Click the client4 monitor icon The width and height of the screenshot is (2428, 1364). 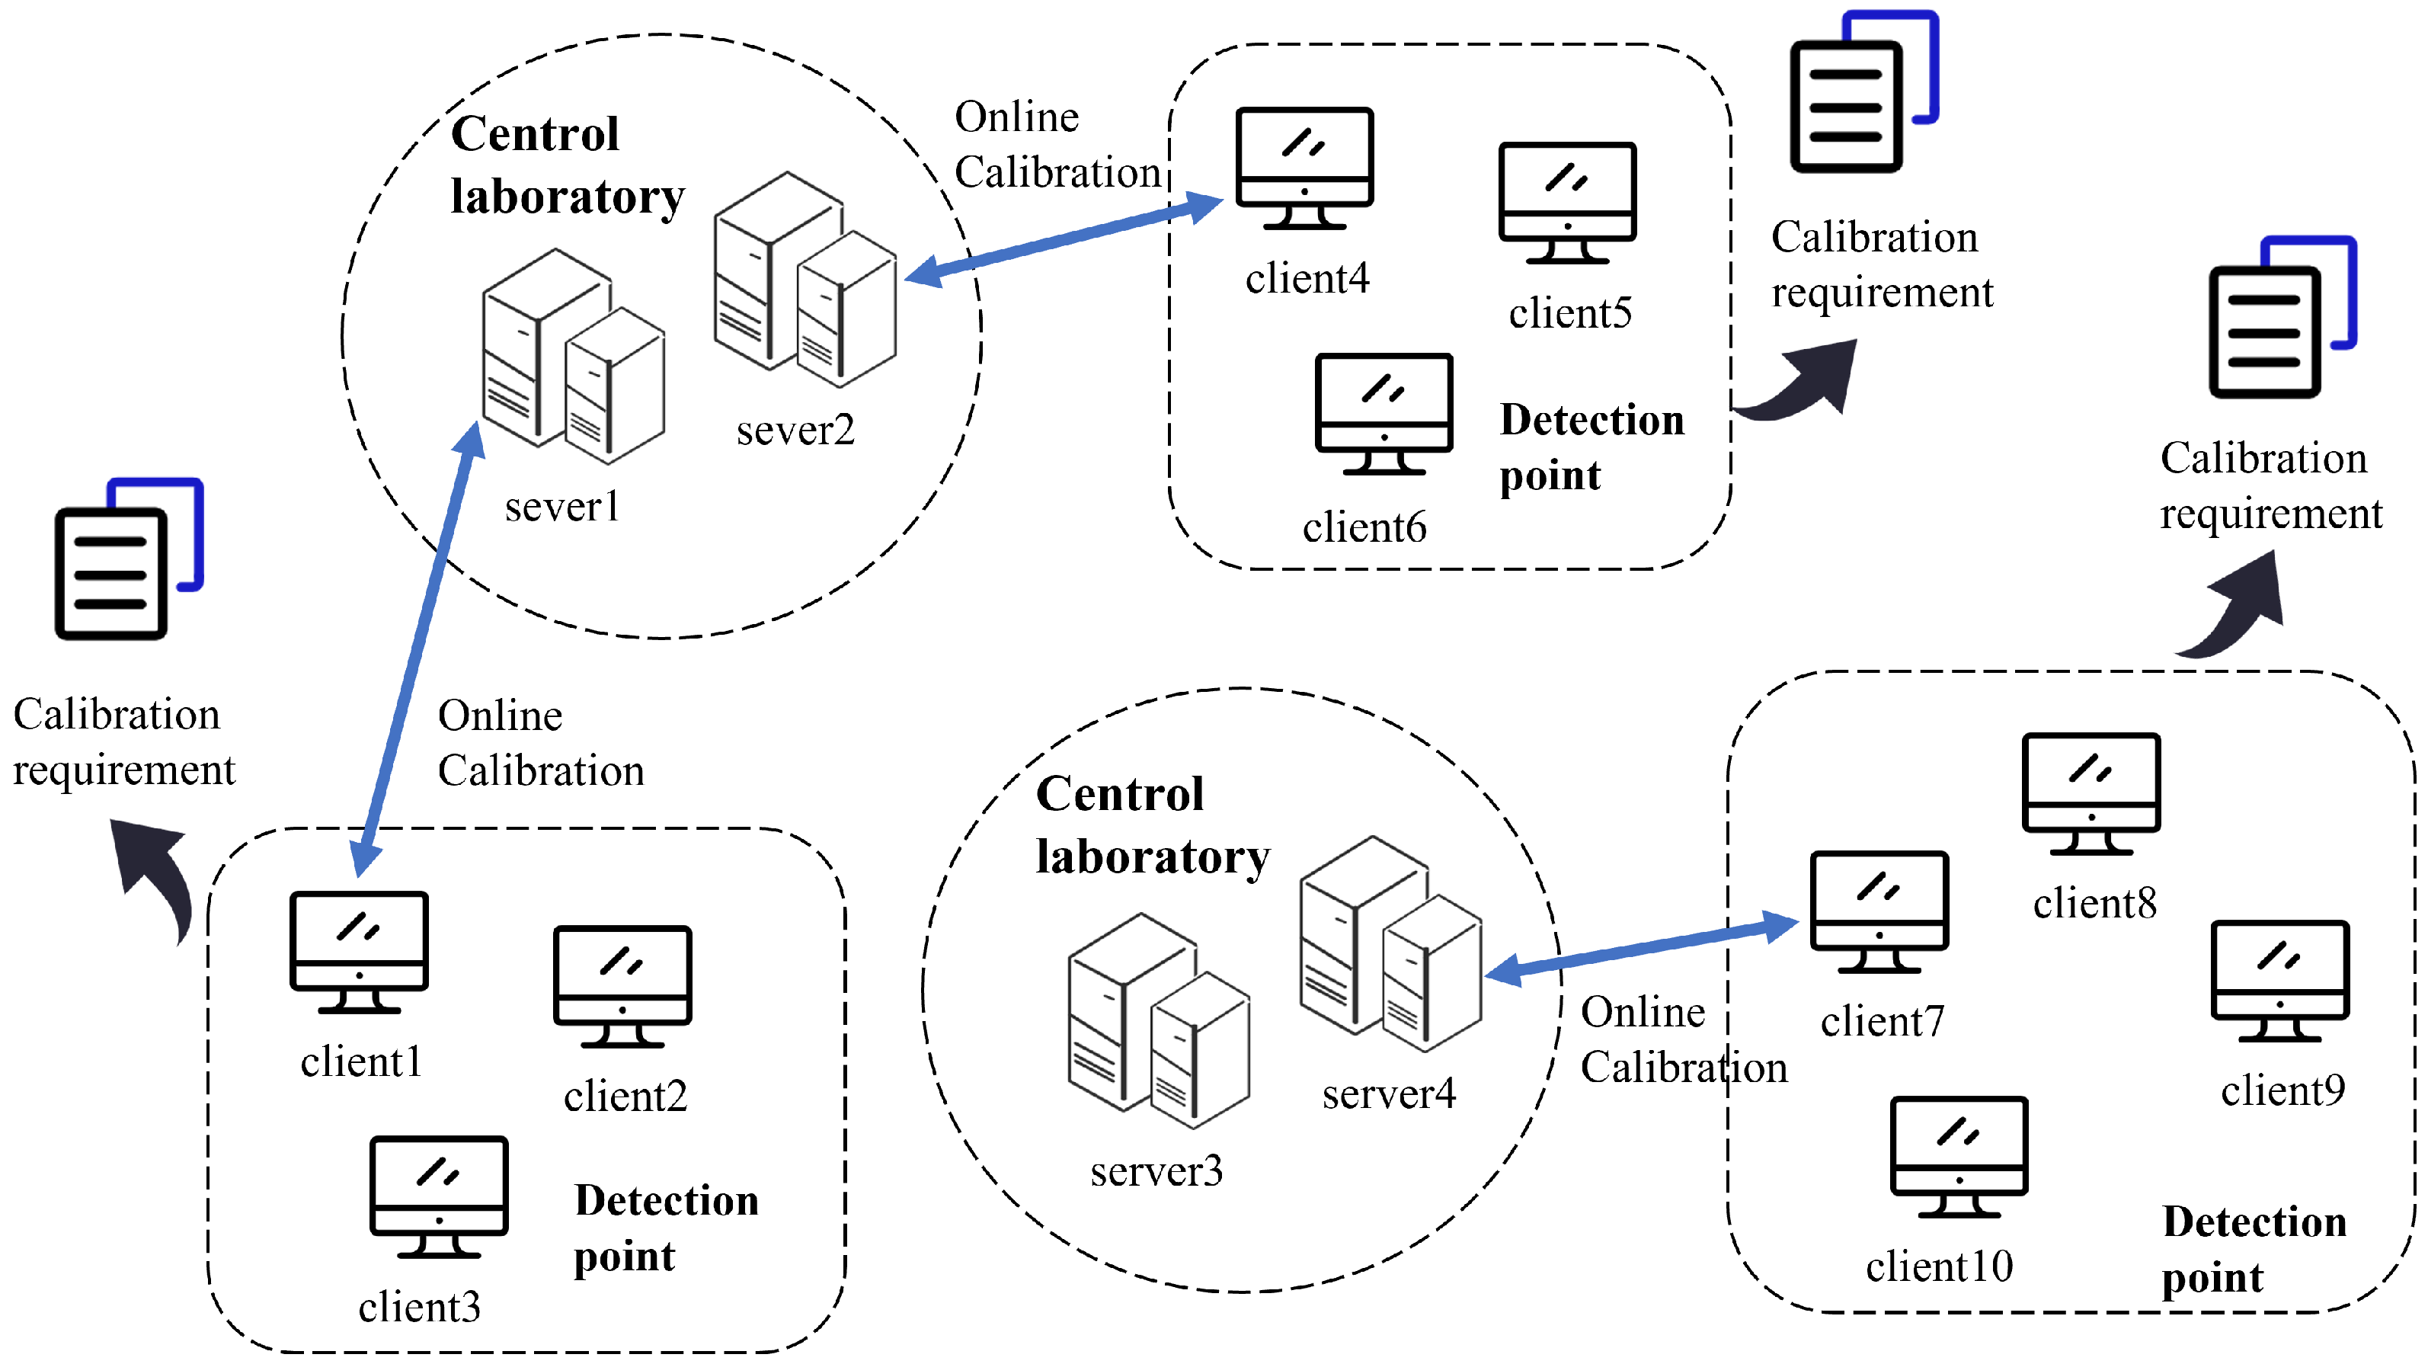[1304, 168]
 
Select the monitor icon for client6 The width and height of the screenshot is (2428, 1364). [1384, 414]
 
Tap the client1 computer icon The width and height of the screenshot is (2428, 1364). [358, 952]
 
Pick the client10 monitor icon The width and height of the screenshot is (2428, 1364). [1959, 1157]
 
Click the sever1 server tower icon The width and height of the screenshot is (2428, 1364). [573, 357]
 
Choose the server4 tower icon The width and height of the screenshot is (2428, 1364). [1390, 943]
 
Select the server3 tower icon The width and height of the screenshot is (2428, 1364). [1159, 1021]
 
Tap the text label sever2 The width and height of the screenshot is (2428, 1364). [795, 431]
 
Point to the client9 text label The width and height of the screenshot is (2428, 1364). [2282, 1090]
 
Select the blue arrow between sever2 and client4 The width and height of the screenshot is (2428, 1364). [1064, 238]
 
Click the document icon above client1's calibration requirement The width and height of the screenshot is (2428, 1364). [129, 559]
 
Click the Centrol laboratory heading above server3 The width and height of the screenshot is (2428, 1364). [1153, 824]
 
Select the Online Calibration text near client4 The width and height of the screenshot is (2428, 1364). [1057, 144]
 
